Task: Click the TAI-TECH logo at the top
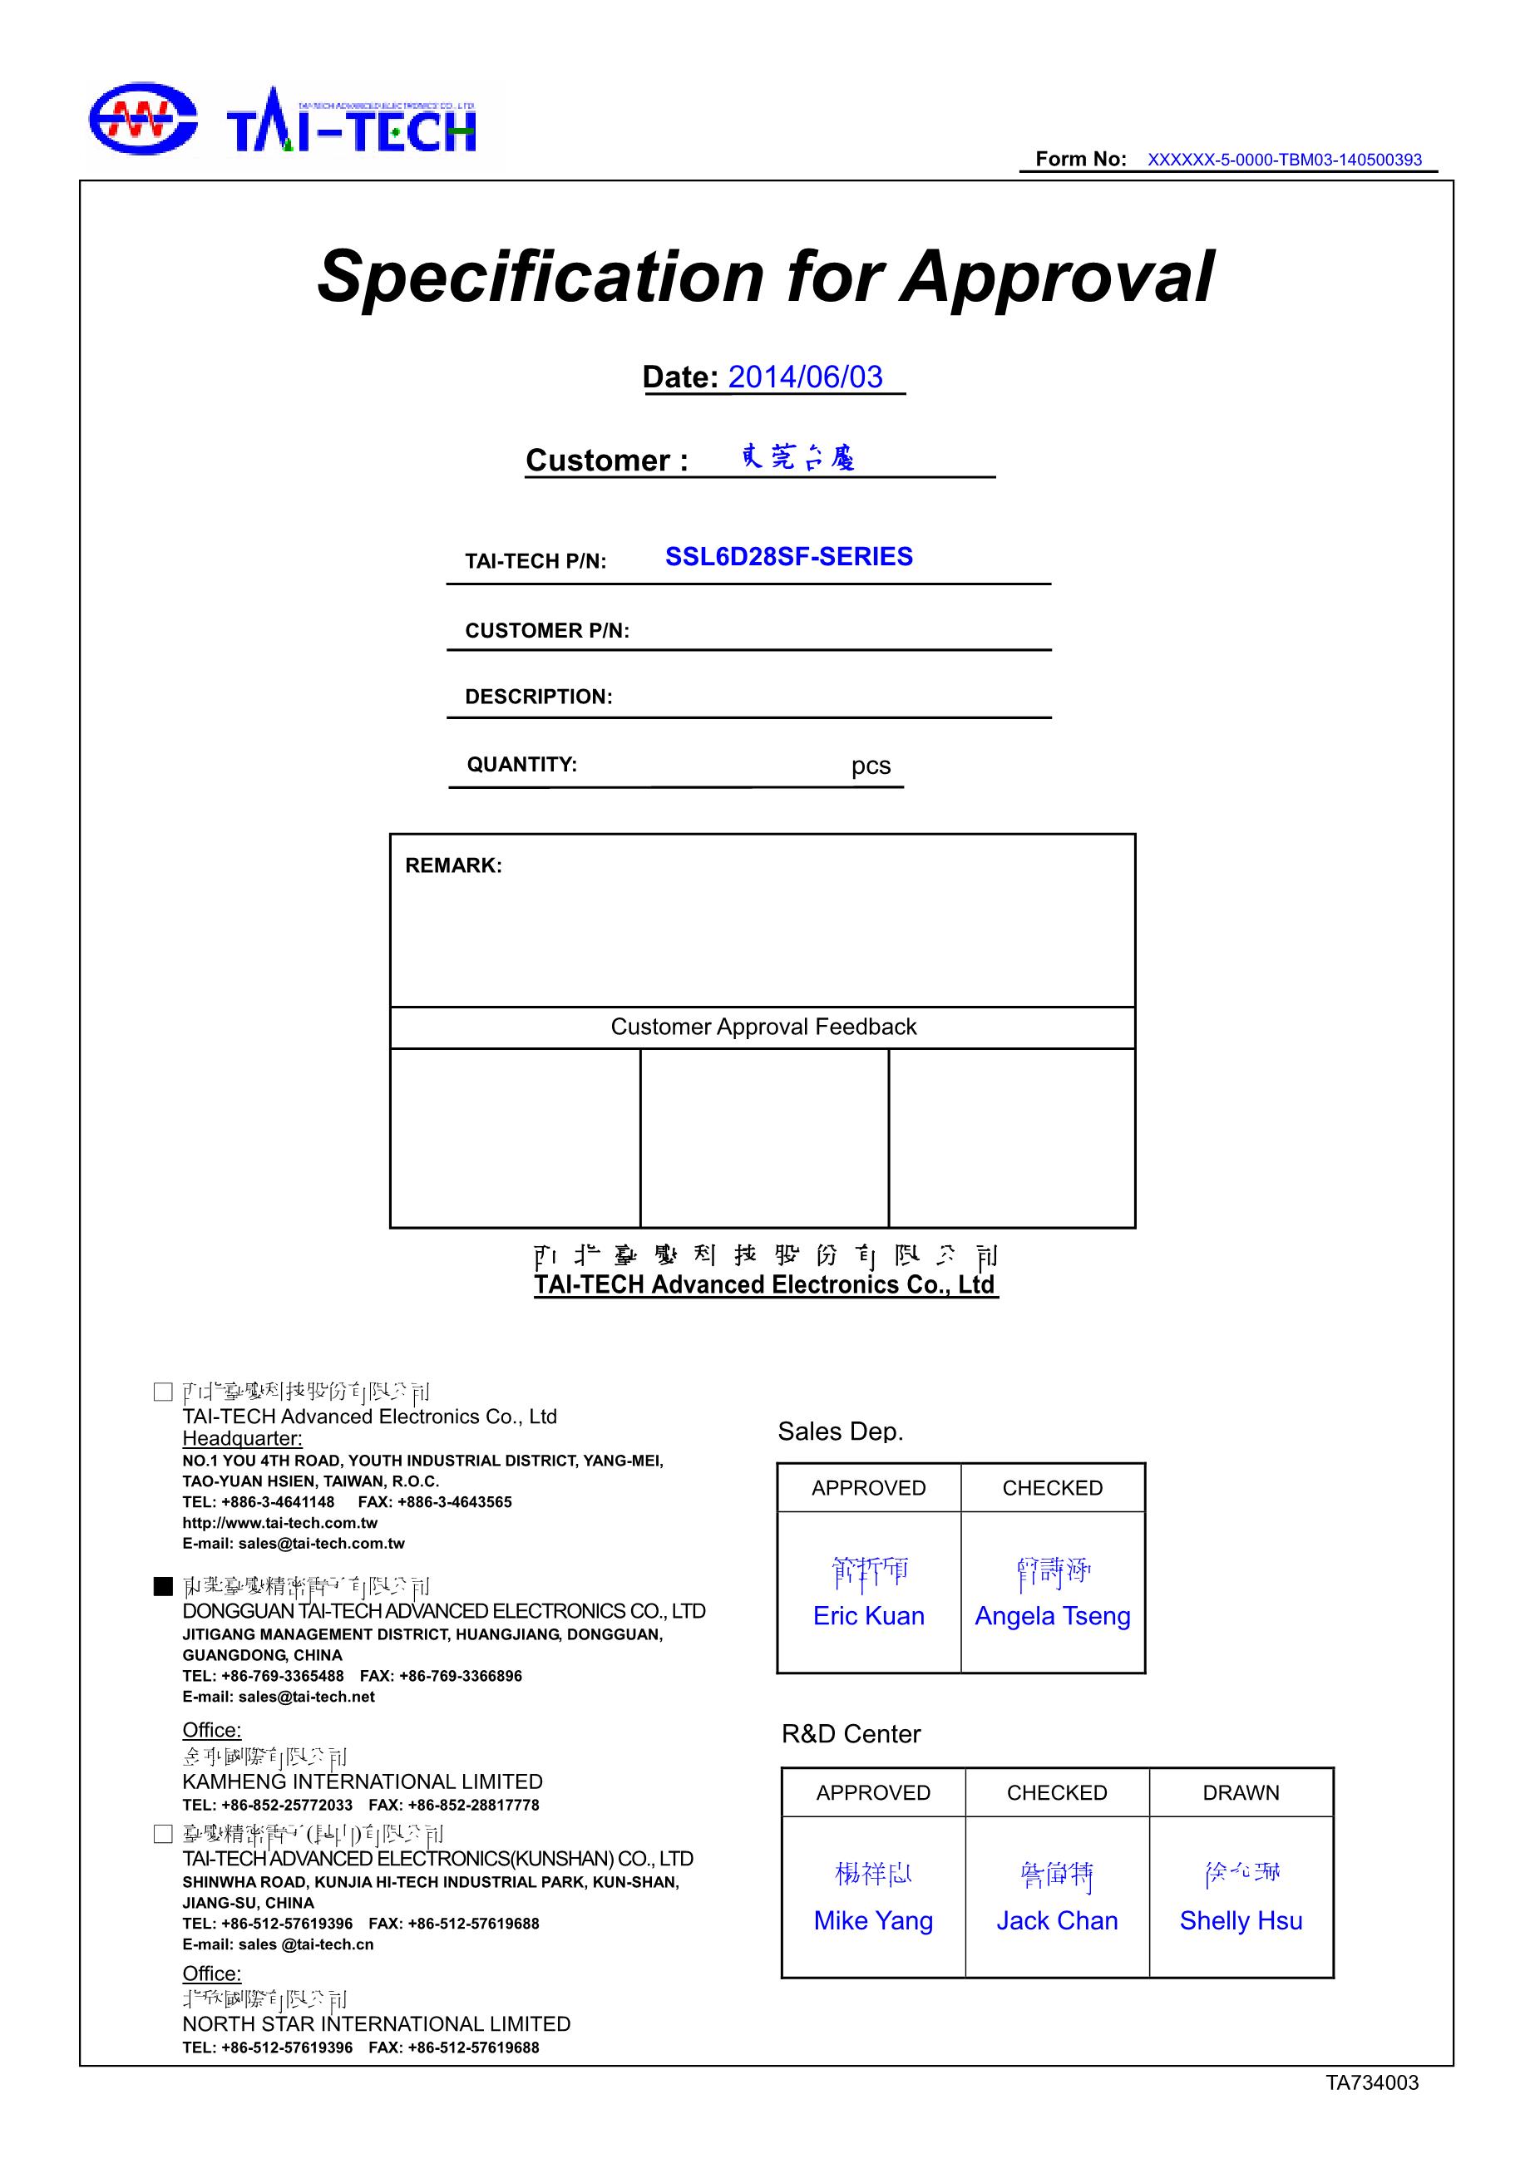282,123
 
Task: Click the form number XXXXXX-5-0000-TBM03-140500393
1284,160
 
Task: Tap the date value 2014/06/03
805,377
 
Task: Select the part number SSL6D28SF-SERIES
788,557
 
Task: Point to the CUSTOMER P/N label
546,631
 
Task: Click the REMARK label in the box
452,865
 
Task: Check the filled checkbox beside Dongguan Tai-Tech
163,1586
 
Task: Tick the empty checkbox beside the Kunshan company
163,1835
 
